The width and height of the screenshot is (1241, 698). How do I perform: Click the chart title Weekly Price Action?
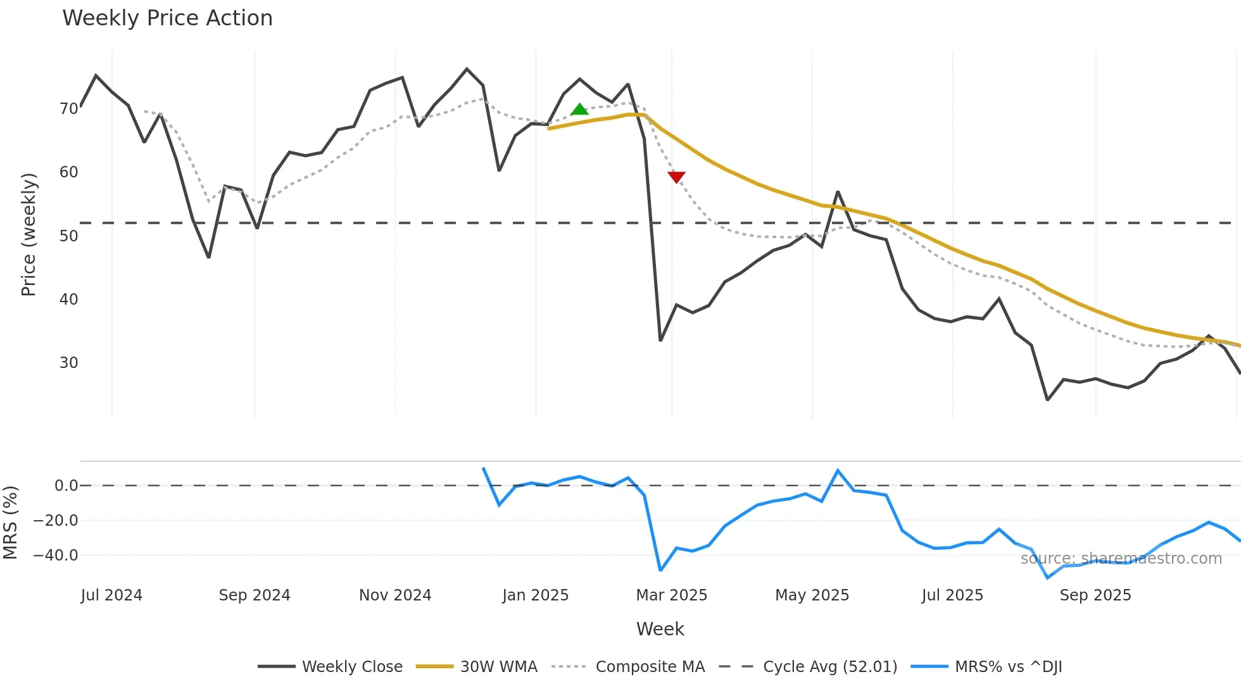tap(167, 18)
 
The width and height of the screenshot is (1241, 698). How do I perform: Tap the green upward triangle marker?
tap(579, 110)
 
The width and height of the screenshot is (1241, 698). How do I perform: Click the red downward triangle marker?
tap(676, 177)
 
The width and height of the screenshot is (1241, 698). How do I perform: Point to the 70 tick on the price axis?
tap(68, 109)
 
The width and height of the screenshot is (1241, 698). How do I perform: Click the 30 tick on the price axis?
tap(68, 363)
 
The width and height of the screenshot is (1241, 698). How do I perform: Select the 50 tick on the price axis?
tap(68, 236)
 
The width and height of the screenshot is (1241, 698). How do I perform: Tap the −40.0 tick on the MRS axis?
tap(56, 555)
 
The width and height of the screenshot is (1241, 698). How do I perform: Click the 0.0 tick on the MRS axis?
tap(66, 486)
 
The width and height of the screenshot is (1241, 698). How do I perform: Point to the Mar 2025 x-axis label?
tap(671, 595)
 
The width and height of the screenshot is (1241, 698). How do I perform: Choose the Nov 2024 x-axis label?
tap(395, 595)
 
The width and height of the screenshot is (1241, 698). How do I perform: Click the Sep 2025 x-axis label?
tap(1095, 595)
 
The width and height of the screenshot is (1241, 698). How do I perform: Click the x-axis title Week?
tap(660, 629)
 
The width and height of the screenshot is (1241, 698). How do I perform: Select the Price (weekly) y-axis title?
tap(28, 234)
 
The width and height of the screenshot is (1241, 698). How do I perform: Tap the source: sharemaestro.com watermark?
tap(1121, 559)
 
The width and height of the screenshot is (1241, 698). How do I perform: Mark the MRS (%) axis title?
tap(10, 523)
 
